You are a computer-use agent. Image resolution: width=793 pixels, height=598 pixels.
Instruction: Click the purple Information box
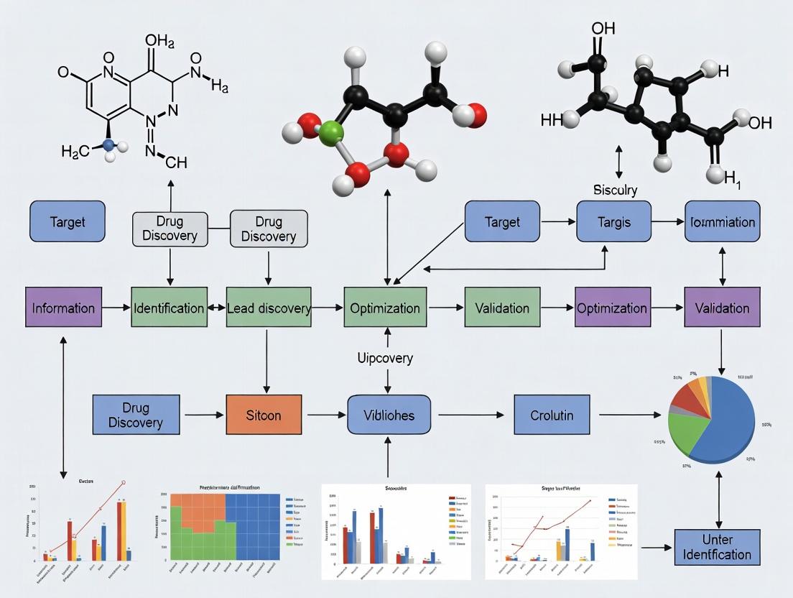63,308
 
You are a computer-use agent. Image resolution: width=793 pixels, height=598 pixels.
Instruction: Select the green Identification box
169,308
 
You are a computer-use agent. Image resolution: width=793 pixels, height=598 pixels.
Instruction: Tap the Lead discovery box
269,308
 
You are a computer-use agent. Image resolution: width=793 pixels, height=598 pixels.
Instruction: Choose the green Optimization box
385,308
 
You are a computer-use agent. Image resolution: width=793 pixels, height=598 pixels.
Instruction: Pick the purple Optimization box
613,308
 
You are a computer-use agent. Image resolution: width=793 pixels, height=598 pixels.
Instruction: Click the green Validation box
502,308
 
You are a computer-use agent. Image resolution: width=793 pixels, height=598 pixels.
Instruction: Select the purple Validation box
722,308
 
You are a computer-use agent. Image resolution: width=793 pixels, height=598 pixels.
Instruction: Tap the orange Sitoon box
264,415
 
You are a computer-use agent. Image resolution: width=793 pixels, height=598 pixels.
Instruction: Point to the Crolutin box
552,415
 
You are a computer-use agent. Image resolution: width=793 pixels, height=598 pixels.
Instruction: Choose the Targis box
613,221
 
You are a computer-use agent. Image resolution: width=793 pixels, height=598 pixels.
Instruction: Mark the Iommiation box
722,221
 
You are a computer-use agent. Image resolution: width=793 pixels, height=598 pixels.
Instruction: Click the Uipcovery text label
385,357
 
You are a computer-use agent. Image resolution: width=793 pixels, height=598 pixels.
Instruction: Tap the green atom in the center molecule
331,133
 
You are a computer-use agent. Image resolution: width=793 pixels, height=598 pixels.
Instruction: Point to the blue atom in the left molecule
108,144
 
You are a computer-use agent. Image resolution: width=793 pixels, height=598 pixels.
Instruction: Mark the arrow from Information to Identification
113,308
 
